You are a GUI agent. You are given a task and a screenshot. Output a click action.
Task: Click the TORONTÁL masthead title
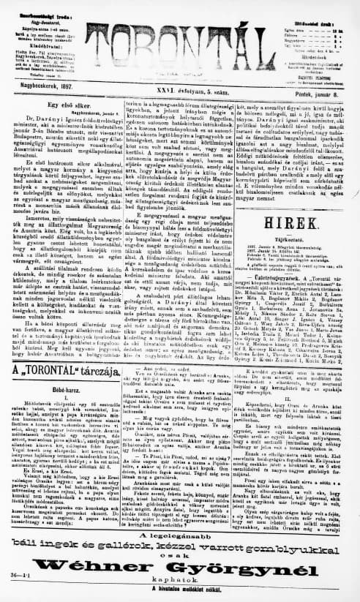[x=181, y=37]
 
